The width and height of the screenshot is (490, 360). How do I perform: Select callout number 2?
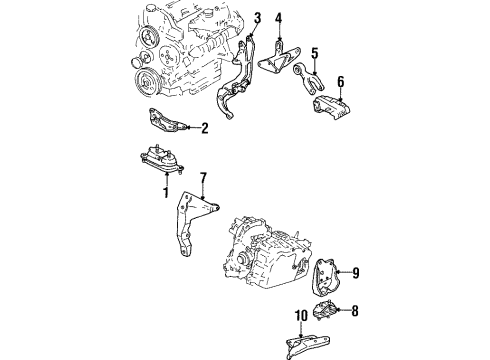(x=204, y=127)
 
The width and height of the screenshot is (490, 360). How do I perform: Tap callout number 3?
(x=257, y=19)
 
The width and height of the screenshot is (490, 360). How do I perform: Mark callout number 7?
(x=203, y=179)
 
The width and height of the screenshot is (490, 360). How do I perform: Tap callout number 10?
(x=299, y=318)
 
